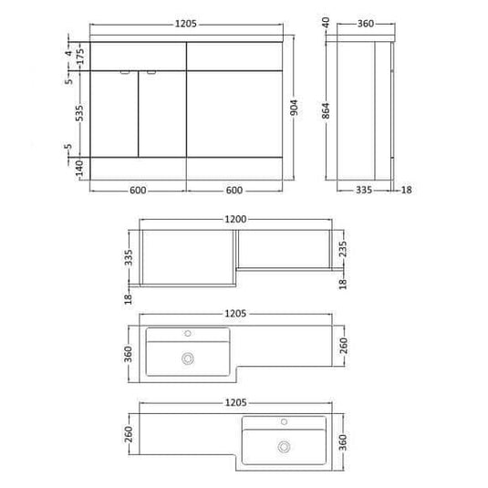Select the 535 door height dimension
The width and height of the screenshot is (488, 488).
(78, 112)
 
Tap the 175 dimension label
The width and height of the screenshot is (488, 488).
(78, 56)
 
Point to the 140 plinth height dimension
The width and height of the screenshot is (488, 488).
(78, 168)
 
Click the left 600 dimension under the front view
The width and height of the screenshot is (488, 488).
(139, 190)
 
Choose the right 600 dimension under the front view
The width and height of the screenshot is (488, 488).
(234, 190)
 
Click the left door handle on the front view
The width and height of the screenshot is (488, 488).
(124, 70)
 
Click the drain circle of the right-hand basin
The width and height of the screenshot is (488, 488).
(285, 447)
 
